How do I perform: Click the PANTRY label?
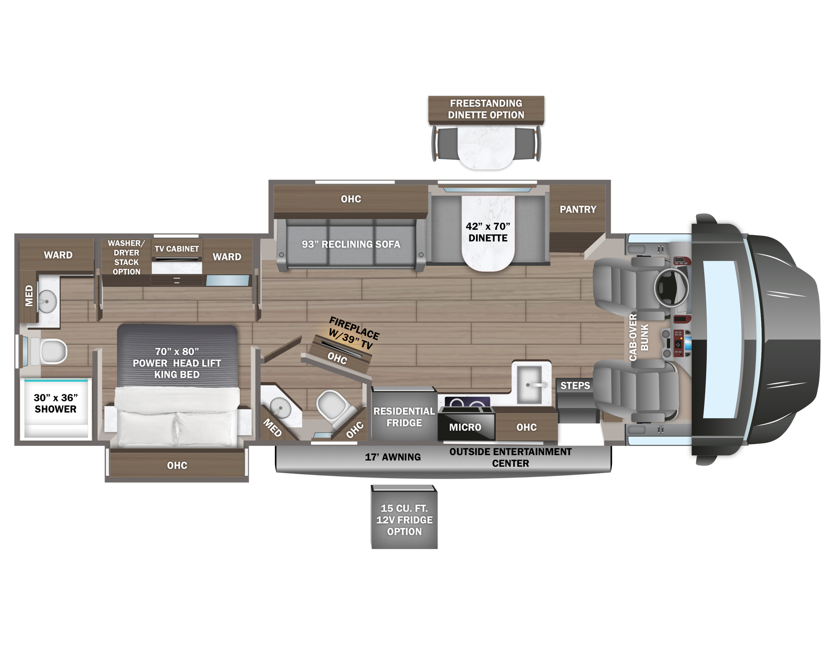click(578, 209)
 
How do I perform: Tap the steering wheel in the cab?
click(671, 287)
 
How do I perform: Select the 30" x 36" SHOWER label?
click(56, 403)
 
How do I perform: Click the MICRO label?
click(465, 427)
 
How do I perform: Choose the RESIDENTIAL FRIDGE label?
click(404, 417)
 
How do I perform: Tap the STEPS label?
click(575, 386)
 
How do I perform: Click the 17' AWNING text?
click(393, 457)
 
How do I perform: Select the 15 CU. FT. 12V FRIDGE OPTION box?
click(404, 517)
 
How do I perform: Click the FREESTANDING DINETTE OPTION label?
click(486, 109)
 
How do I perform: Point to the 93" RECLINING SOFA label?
click(351, 244)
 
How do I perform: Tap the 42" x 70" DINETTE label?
click(488, 232)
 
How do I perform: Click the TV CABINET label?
click(177, 249)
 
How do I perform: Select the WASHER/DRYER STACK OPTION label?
click(127, 257)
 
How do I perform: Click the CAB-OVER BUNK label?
click(639, 337)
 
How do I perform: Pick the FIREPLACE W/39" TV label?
click(353, 333)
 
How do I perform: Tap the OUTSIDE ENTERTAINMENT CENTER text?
click(511, 457)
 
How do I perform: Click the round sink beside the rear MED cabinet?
click(47, 301)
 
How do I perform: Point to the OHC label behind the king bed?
click(177, 465)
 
